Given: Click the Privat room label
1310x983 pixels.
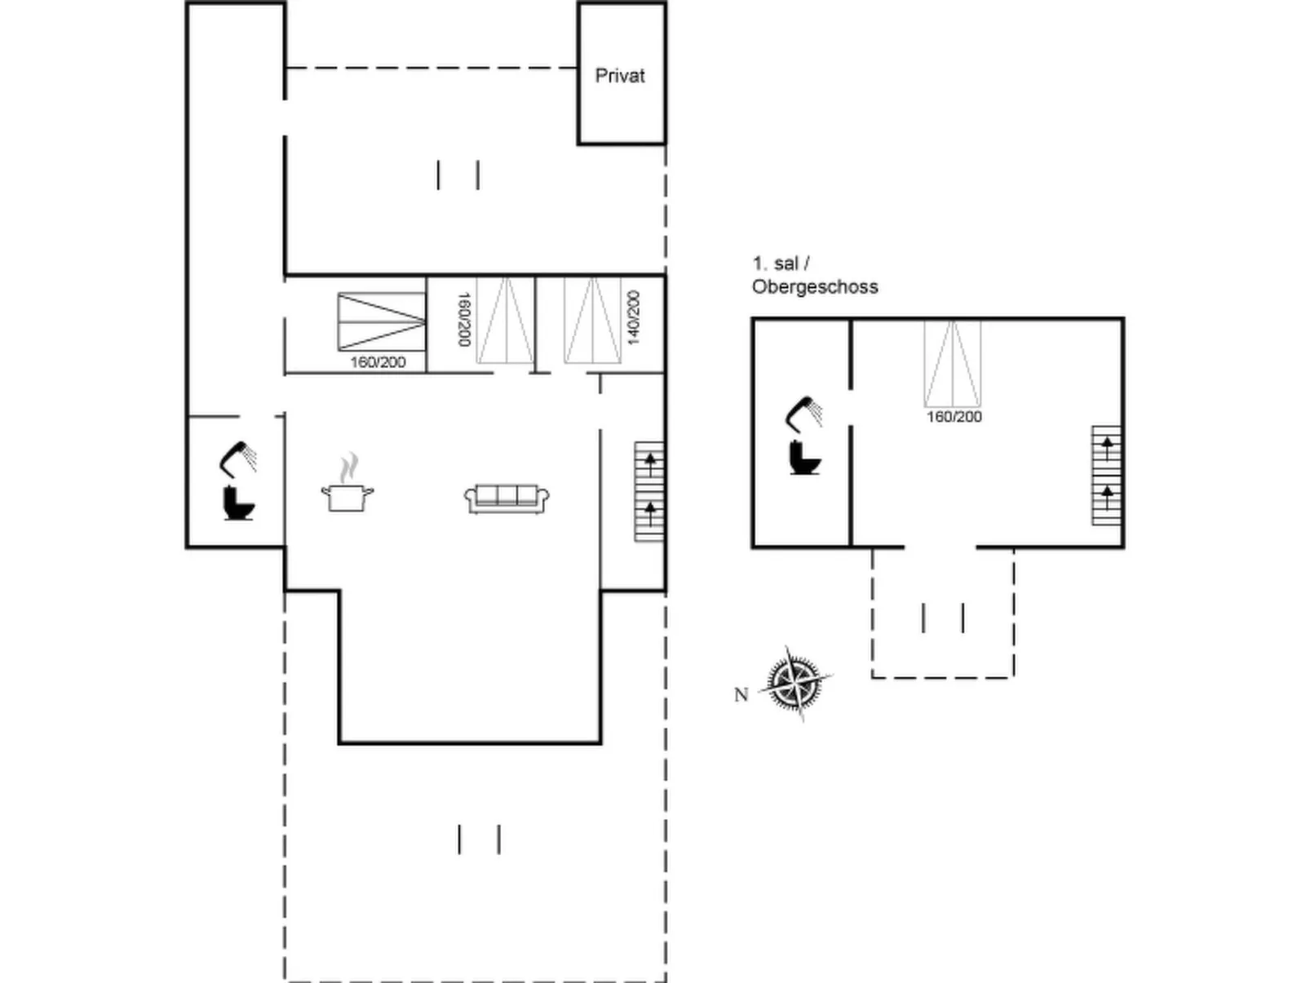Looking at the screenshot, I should pos(620,76).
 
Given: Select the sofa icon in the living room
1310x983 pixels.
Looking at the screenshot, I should pos(507,498).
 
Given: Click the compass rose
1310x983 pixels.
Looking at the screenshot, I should pos(796,683).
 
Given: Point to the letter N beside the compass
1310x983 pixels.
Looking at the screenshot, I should pos(741,695).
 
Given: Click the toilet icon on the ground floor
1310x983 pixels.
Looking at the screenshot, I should pos(238,503).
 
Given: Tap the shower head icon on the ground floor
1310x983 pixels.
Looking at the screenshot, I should pos(237,458).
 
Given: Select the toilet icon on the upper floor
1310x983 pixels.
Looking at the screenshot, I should pos(804,458).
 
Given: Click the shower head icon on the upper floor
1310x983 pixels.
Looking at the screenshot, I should pos(803,413).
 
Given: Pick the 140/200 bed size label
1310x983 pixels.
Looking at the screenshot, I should pos(633,317).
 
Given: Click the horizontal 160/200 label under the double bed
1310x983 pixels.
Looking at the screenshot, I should pos(378,362).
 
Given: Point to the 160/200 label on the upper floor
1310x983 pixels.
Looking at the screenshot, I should pos(954,417).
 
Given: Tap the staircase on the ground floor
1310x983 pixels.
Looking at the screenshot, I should pos(649,492).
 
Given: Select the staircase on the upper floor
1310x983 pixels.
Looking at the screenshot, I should pos(1106,475).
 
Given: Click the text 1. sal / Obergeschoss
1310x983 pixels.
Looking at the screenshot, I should pos(814,275).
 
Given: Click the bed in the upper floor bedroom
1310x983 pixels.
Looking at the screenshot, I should pos(952,364).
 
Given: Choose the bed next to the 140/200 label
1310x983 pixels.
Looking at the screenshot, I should pos(592,321).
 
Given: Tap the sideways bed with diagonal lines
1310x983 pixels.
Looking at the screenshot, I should pos(382,322).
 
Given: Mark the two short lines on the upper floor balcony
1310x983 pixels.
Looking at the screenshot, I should pos(943,618).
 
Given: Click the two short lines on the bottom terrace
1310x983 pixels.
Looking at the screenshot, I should pos(479,839).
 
